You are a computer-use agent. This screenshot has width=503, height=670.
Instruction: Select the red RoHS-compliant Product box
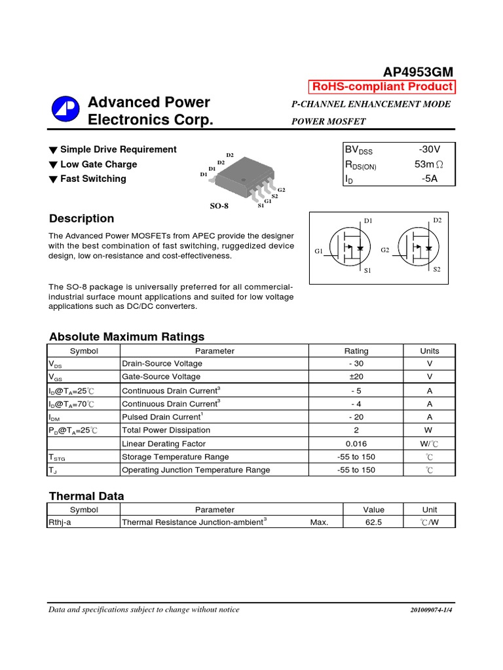(x=382, y=87)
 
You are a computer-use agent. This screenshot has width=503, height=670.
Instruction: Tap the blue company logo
(x=65, y=111)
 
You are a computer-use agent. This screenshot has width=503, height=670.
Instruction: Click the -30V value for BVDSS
(x=429, y=150)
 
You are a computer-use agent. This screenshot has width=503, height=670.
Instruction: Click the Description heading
(x=81, y=219)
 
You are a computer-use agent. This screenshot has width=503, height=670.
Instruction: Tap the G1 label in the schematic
(x=319, y=251)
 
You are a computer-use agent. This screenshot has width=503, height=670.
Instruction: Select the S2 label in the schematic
(x=437, y=270)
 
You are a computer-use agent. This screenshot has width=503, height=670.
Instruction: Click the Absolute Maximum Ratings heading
(x=126, y=337)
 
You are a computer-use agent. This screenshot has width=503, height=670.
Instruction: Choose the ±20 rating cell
(x=356, y=377)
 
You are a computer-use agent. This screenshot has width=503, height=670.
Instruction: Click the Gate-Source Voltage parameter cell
(x=162, y=377)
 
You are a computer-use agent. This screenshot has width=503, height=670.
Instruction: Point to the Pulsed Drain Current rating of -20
(x=356, y=417)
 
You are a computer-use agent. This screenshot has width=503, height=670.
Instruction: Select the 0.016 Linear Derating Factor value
(x=356, y=444)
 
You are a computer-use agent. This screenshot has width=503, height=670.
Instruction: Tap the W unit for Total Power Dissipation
(x=429, y=430)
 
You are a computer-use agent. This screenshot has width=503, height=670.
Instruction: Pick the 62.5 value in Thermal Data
(x=374, y=523)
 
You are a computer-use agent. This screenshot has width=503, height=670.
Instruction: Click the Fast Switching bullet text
(x=93, y=179)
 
